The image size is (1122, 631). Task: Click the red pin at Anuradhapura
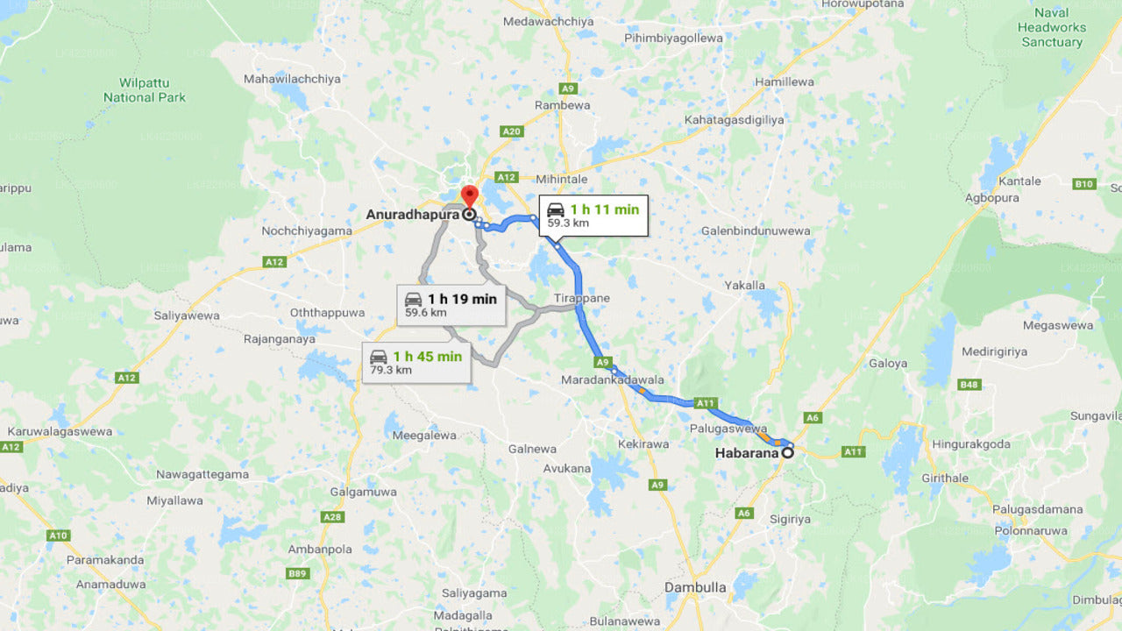(x=469, y=195)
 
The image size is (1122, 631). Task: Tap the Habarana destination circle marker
(x=788, y=453)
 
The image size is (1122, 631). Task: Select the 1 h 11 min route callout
(x=593, y=216)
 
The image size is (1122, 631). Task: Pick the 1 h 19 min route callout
(x=451, y=305)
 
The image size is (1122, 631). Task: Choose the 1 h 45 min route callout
(x=416, y=362)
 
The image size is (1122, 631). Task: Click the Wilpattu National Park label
(x=145, y=90)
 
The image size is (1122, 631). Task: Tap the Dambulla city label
(x=695, y=587)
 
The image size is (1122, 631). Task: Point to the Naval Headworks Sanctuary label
(x=1051, y=27)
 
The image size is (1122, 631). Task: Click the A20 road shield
(x=511, y=131)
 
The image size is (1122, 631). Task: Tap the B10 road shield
(x=1084, y=184)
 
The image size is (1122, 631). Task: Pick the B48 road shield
(x=969, y=385)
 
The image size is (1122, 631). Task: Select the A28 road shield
(x=332, y=517)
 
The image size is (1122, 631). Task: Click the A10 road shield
(x=59, y=535)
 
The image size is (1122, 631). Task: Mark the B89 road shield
(x=299, y=574)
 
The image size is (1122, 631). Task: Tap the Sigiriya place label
(x=790, y=519)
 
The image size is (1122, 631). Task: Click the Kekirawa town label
(x=643, y=444)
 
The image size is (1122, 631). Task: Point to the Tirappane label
(x=581, y=299)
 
